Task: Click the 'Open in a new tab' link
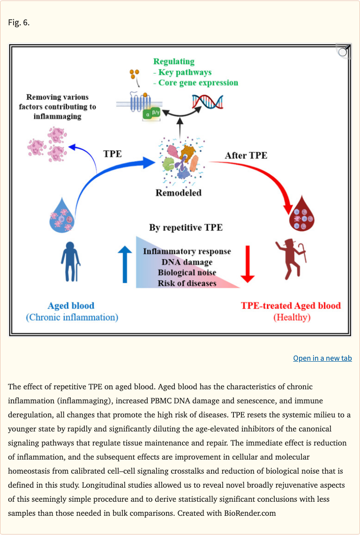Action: click(x=322, y=358)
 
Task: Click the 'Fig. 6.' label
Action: click(x=19, y=22)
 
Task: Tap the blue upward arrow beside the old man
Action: click(x=125, y=265)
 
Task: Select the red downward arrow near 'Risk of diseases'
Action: click(x=248, y=265)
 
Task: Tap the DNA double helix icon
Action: click(x=208, y=102)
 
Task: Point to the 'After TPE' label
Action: click(x=246, y=155)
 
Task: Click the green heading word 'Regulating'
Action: click(x=174, y=61)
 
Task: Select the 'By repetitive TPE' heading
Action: click(x=186, y=228)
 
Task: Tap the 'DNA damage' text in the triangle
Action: click(x=187, y=262)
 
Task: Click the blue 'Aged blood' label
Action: click(x=71, y=306)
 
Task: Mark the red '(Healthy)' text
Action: click(x=292, y=317)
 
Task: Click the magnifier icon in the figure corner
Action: click(x=343, y=51)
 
